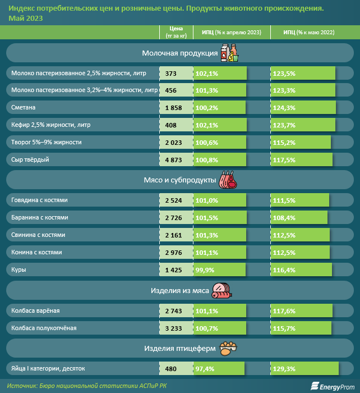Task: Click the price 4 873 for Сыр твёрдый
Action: coord(174,160)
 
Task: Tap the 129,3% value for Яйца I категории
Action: coord(283,369)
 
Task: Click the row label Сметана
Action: coord(23,108)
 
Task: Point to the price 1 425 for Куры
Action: coord(174,270)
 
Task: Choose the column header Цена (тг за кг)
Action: coord(176,33)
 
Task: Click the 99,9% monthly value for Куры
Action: coord(206,270)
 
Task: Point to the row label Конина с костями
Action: coord(36,253)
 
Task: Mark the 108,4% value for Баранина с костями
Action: coord(283,218)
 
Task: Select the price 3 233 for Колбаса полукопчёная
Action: coord(174,328)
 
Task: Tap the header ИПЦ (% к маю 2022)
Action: coord(308,33)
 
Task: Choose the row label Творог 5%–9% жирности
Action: coord(47,143)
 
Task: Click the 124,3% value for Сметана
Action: coord(283,108)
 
